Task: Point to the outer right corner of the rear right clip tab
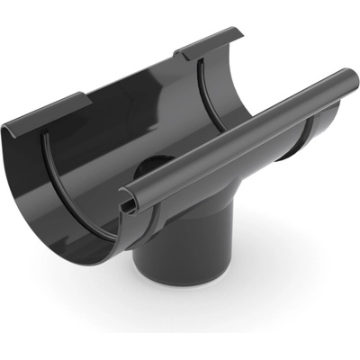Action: click(241, 34)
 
